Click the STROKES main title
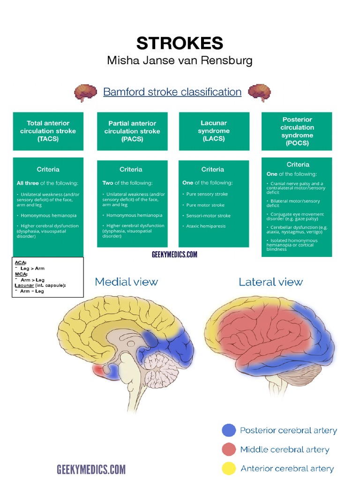point(180,43)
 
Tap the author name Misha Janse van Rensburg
point(180,60)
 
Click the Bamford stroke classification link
point(172,92)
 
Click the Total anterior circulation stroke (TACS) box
point(48,131)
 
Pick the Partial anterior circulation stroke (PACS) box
point(132,131)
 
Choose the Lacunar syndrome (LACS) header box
point(214,131)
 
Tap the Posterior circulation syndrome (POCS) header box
point(297,131)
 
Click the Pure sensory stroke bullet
point(207,194)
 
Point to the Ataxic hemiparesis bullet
point(206,226)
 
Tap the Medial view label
point(126,282)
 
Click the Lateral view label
point(270,282)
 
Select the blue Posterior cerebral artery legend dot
point(229,430)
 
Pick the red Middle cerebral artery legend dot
point(229,450)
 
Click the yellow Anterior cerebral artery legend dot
point(229,468)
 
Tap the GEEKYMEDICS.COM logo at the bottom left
point(91,469)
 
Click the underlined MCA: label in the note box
point(21,274)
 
